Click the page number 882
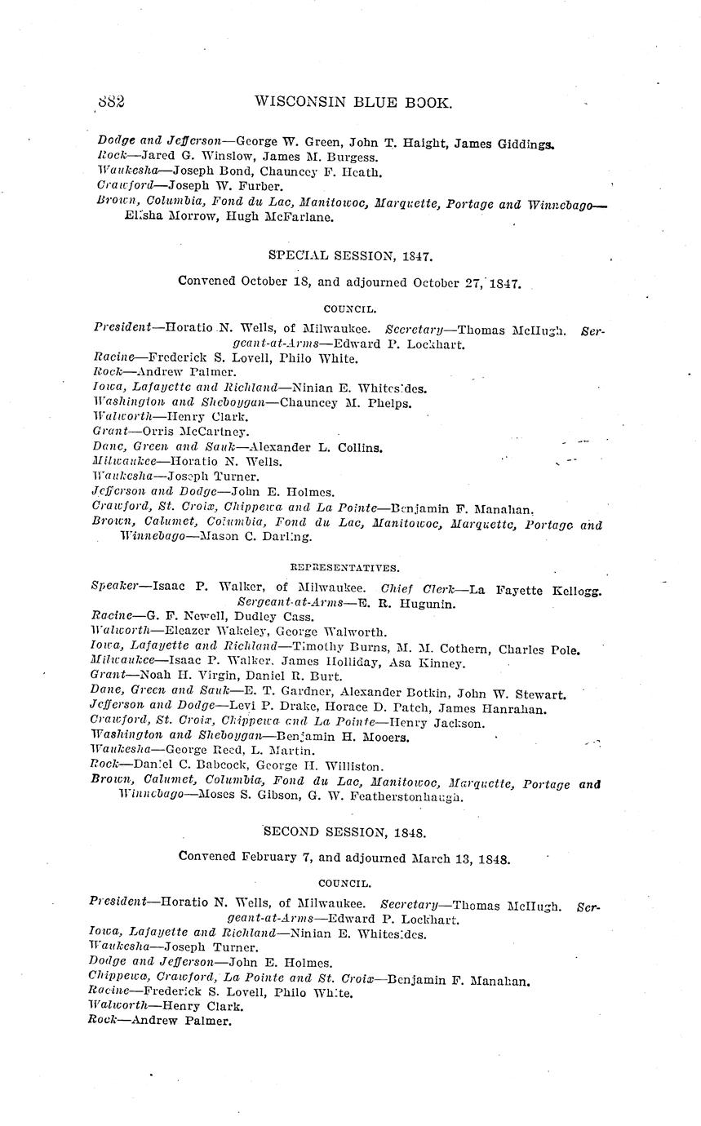110,102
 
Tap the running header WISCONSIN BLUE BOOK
353,102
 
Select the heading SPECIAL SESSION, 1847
351,255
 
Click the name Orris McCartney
197,432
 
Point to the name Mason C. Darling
255,537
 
